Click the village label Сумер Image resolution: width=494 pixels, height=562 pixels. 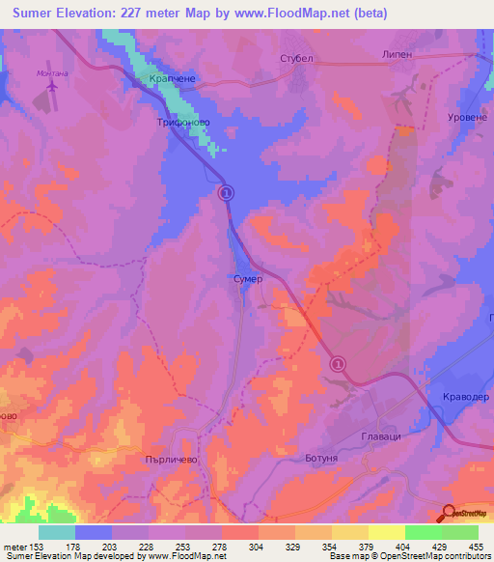pyautogui.click(x=248, y=277)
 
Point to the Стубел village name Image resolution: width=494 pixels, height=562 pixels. pyautogui.click(x=297, y=59)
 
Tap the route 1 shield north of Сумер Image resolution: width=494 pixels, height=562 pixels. pyautogui.click(x=226, y=193)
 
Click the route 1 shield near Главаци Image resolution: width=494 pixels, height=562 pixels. pyautogui.click(x=338, y=364)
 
